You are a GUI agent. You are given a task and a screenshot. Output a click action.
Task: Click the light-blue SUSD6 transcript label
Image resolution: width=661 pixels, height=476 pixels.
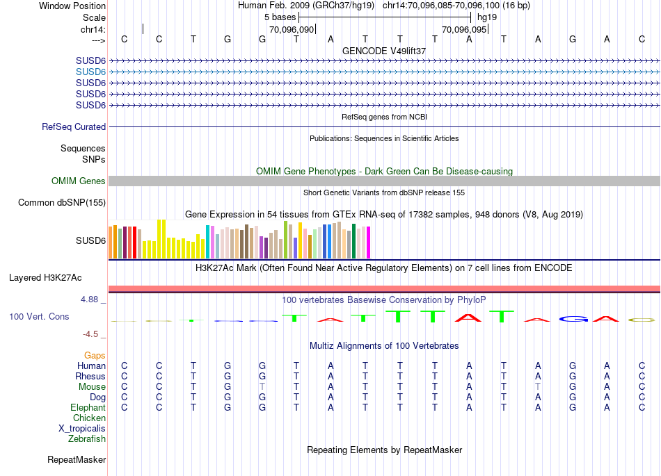coord(90,72)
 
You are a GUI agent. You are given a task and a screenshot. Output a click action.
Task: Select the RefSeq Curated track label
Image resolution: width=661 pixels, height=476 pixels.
coord(74,127)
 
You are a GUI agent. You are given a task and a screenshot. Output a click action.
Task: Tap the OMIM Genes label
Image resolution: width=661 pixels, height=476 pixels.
coord(79,181)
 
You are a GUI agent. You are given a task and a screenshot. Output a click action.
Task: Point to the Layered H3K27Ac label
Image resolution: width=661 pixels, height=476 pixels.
coord(45,278)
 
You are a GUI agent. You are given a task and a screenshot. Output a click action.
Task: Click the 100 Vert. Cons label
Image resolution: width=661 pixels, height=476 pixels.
coord(39,316)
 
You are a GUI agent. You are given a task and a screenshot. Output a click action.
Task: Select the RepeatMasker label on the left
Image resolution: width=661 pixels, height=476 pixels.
coord(77,459)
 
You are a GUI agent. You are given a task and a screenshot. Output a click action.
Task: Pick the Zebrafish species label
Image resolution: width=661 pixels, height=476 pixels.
coord(87,439)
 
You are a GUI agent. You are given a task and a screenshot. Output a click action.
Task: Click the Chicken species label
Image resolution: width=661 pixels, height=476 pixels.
coord(89,418)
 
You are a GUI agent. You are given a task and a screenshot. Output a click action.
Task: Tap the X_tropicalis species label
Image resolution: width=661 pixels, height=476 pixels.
coord(82,429)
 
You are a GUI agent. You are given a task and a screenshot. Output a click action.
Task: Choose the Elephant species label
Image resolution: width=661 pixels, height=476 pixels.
coord(88,408)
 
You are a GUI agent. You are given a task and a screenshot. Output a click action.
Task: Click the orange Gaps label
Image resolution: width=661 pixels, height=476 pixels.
coord(95,356)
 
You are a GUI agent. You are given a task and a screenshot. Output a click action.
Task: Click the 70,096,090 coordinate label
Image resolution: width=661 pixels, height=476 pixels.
coord(292,30)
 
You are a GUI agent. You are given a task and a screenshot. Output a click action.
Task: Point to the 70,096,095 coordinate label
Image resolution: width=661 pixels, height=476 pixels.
coord(465,30)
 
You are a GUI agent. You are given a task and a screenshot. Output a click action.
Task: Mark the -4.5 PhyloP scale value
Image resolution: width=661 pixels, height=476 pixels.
coord(95,334)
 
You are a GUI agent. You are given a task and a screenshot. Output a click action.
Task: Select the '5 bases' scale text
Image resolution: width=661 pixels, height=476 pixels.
coord(280,16)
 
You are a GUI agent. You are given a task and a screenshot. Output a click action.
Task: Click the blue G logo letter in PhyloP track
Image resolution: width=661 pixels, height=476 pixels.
coord(573,319)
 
